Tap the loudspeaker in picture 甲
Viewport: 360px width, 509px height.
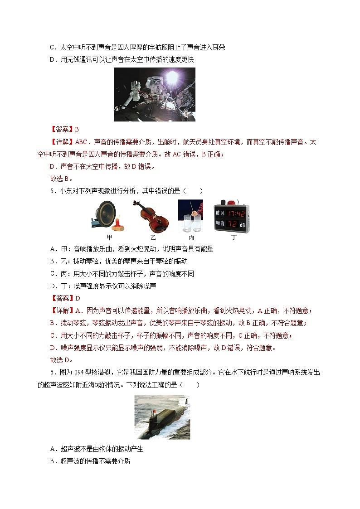click(106, 213)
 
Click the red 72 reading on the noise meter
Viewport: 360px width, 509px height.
click(233, 223)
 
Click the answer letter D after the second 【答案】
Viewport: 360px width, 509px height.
click(77, 298)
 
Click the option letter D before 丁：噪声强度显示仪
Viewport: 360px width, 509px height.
click(52, 286)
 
